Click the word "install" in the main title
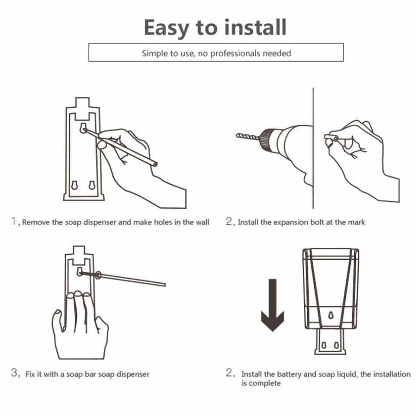[255, 28]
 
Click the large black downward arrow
[273, 305]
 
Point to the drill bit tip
[237, 136]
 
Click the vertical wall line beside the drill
[313, 148]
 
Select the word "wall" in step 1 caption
[202, 222]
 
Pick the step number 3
[14, 372]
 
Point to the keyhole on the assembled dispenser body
[331, 315]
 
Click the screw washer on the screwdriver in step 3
[98, 275]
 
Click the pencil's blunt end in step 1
[155, 164]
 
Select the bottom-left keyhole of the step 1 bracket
[75, 186]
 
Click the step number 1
[14, 221]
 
